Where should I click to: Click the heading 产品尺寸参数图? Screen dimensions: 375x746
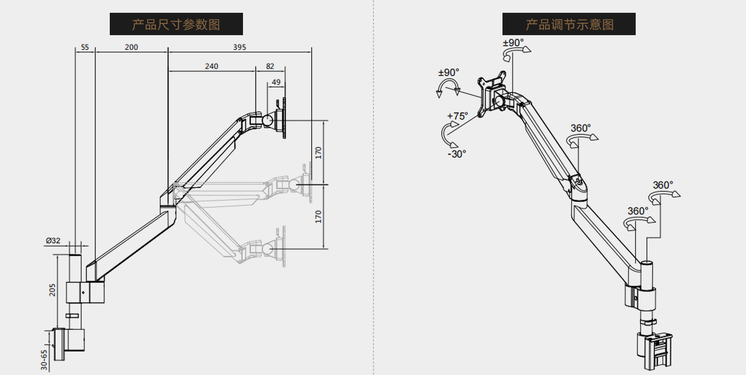point(176,25)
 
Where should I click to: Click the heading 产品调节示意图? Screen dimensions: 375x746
point(569,25)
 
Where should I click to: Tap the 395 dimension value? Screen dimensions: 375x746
point(239,47)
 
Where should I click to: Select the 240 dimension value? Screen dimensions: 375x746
point(211,67)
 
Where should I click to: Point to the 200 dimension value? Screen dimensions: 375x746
point(131,47)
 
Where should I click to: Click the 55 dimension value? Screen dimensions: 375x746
point(85,47)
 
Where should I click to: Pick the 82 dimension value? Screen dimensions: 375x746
point(270,67)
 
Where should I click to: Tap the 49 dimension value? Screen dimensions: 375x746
point(276,82)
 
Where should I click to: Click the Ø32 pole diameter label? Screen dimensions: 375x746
point(53,241)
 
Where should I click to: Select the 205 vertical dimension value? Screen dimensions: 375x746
point(52,289)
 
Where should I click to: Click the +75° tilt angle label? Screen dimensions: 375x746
point(457,116)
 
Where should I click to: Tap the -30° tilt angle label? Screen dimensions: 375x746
point(457,153)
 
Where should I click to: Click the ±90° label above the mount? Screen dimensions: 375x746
point(513,43)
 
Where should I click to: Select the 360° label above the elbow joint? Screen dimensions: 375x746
point(581,128)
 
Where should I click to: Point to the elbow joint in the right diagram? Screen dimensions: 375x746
point(578,184)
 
